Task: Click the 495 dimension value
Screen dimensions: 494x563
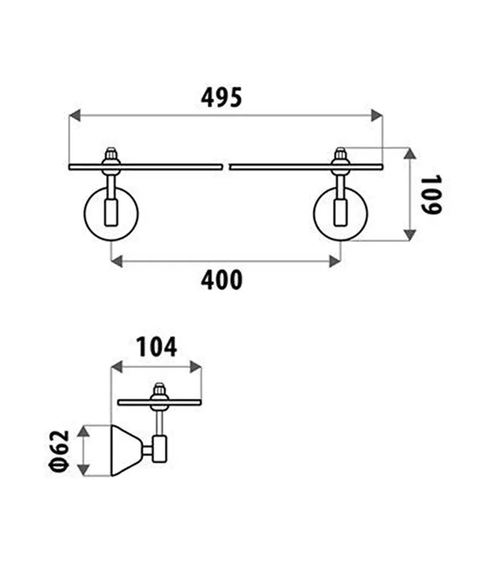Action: coord(221,98)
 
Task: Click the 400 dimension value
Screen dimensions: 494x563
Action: coord(222,280)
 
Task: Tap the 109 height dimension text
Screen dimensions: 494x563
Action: coord(430,194)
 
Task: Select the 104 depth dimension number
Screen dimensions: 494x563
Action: coord(156,347)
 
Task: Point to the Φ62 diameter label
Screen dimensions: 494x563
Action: coord(59,451)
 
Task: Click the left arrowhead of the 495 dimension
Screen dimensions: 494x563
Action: coord(74,115)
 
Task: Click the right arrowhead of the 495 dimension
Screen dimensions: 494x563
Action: coord(377,115)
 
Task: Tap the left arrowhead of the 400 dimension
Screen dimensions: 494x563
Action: coord(117,261)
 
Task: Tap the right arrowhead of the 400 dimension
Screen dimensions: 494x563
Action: coord(335,261)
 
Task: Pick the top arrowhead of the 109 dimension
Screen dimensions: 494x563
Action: coord(409,153)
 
